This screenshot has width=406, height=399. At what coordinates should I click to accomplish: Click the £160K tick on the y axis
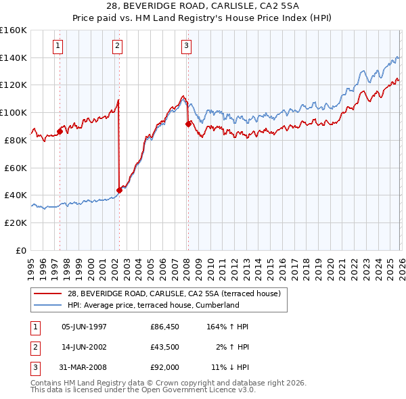[14, 30]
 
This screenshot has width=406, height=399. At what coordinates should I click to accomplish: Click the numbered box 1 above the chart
[58, 46]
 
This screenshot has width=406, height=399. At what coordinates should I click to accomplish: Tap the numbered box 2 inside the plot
[118, 46]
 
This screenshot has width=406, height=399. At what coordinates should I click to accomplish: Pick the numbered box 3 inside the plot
[186, 46]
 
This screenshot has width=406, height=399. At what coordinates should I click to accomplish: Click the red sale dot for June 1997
[60, 131]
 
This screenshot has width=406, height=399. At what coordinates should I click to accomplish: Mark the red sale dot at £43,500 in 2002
[119, 190]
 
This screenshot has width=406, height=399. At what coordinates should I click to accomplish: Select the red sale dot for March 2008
[188, 124]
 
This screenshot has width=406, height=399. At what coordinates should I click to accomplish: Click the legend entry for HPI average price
[153, 305]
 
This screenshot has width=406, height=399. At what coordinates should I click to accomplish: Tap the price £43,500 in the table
[165, 347]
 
